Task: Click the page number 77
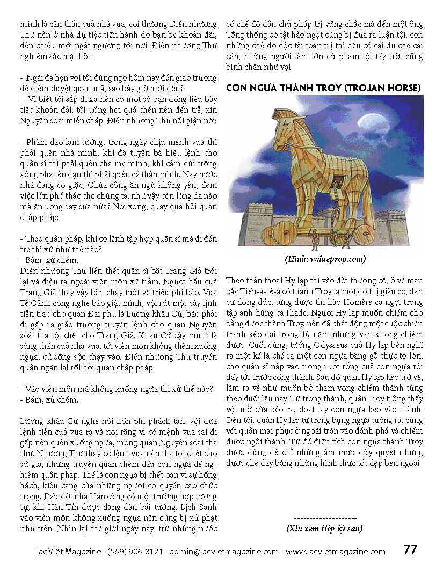point(410,550)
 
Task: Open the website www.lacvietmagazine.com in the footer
point(335,551)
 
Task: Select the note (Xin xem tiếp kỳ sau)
point(324,529)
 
